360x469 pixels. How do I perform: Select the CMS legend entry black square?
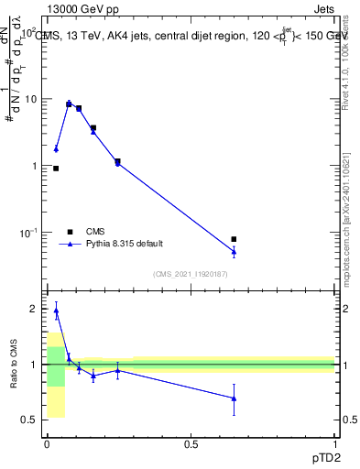pyautogui.click(x=70, y=232)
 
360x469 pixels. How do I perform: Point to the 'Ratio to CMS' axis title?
pyautogui.click(x=13, y=365)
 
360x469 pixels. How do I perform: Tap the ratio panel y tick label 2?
pyautogui.click(x=33, y=309)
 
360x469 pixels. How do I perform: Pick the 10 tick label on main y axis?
pyautogui.click(x=29, y=99)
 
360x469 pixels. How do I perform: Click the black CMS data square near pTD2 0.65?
pyautogui.click(x=234, y=239)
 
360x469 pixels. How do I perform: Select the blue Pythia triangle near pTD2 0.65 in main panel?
pyautogui.click(x=234, y=251)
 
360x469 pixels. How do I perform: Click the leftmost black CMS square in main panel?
pyautogui.click(x=56, y=169)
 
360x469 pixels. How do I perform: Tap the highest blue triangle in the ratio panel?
pyautogui.click(x=56, y=311)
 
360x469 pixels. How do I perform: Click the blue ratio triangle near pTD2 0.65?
pyautogui.click(x=234, y=398)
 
